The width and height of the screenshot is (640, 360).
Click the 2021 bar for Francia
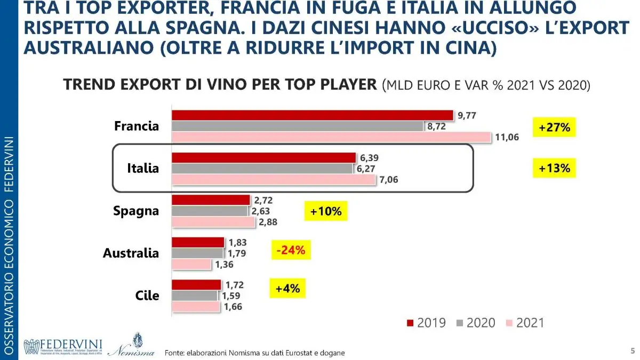click(331, 137)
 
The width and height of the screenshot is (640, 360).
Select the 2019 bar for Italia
click(263, 157)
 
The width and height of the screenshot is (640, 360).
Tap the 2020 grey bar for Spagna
click(210, 211)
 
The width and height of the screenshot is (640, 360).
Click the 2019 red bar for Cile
click(196, 285)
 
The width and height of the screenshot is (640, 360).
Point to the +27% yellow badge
click(554, 127)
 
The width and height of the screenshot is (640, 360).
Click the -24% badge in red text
click(291, 250)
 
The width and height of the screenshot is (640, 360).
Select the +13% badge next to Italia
click(554, 169)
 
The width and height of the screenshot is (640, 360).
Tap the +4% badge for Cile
click(287, 289)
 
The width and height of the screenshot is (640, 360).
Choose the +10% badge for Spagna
click(325, 211)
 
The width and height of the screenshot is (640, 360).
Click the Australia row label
click(131, 253)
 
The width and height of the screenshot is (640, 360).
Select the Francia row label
click(137, 126)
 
